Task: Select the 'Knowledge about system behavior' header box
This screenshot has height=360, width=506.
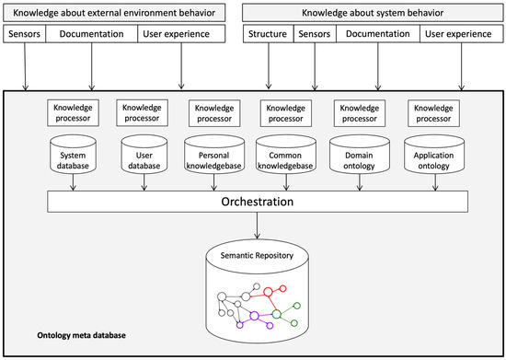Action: point(372,13)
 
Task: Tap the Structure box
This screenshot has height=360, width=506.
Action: point(268,34)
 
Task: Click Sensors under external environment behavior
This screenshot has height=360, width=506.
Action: point(25,34)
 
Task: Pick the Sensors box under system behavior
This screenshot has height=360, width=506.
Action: point(314,34)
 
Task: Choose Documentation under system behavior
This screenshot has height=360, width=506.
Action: point(378,34)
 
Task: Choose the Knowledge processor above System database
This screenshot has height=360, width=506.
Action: point(72,112)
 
